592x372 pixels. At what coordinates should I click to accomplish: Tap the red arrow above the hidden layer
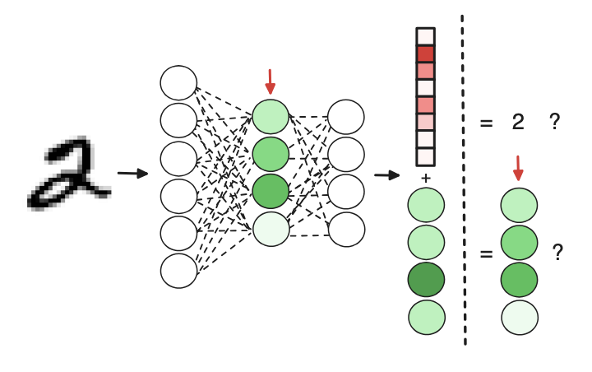(x=271, y=81)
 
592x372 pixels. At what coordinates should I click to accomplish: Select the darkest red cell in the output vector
(x=425, y=54)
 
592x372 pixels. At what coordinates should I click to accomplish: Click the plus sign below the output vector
(x=425, y=178)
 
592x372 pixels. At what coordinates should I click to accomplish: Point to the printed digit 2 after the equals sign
(x=518, y=123)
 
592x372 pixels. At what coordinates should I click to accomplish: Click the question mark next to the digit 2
(x=555, y=123)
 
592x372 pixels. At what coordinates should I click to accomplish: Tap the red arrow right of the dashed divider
(x=518, y=170)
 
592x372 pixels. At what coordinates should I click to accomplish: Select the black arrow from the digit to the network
(x=132, y=174)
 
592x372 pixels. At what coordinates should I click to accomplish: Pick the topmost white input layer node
(x=178, y=83)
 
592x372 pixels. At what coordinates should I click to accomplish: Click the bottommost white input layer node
(x=178, y=270)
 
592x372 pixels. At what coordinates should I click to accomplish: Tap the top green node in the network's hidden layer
(x=271, y=117)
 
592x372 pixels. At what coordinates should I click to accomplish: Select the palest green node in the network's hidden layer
(x=271, y=229)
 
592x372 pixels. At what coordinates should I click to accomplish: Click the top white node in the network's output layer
(x=346, y=117)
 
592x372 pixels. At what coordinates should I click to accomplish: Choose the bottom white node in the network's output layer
(x=346, y=229)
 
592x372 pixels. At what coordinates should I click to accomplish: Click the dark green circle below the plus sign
(x=426, y=281)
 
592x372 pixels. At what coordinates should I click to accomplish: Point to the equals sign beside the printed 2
(x=486, y=124)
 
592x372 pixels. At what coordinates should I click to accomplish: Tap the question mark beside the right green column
(x=558, y=253)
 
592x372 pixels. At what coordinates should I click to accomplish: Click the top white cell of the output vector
(x=425, y=37)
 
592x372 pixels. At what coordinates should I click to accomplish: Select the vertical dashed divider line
(x=465, y=181)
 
